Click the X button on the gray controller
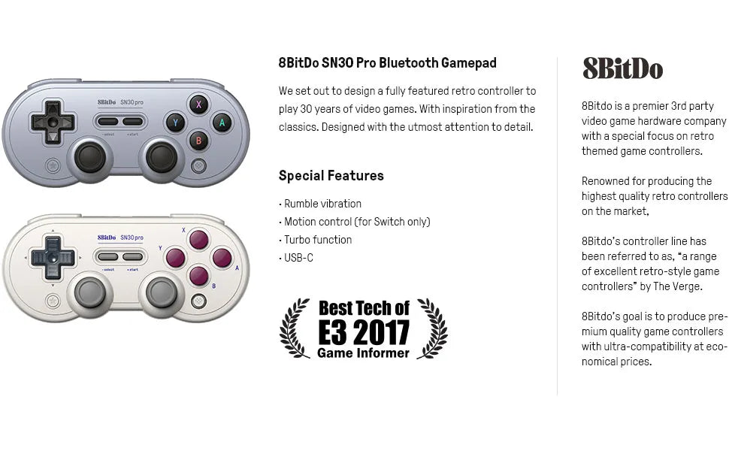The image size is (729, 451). click(x=198, y=104)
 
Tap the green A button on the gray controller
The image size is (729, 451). click(x=222, y=122)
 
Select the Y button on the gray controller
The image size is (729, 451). click(x=176, y=122)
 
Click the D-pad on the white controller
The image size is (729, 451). click(x=52, y=257)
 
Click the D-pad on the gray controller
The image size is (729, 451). click(x=52, y=122)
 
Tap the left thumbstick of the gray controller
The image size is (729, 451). click(x=90, y=156)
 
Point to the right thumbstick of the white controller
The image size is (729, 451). click(x=162, y=292)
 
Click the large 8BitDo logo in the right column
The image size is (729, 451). click(x=622, y=68)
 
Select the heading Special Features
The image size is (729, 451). click(x=331, y=176)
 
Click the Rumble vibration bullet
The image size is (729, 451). click(x=322, y=204)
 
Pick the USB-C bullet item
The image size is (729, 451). click(x=298, y=258)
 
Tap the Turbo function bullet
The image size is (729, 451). click(x=317, y=240)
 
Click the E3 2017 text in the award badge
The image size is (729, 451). click(x=364, y=331)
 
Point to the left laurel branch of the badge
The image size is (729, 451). click(x=295, y=328)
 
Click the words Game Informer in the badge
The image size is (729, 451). click(x=363, y=353)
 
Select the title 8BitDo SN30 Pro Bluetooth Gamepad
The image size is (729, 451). click(x=387, y=63)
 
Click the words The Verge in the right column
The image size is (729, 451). click(x=679, y=286)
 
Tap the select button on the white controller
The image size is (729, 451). click(x=108, y=257)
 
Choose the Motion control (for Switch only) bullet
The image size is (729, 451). click(x=356, y=222)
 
